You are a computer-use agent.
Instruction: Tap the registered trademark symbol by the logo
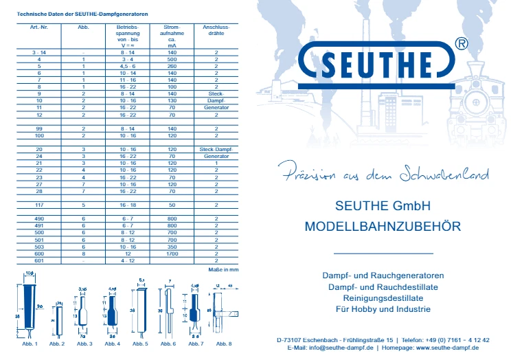click(x=462, y=43)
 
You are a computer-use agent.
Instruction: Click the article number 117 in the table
click(x=38, y=205)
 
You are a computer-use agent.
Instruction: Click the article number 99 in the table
click(x=38, y=128)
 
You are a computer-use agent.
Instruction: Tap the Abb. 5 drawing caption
click(x=140, y=343)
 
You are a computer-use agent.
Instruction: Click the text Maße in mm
click(x=223, y=269)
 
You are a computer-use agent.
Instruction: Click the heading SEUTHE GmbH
click(x=382, y=205)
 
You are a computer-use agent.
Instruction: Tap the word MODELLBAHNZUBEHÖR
click(x=382, y=226)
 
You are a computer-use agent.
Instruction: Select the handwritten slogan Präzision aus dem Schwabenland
click(x=378, y=175)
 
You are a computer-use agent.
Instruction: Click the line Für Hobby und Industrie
click(x=382, y=308)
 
